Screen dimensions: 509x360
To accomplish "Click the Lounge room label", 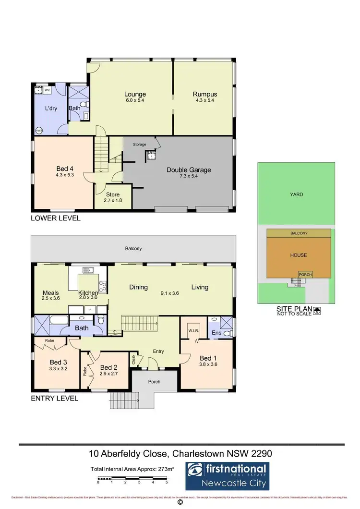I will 135,94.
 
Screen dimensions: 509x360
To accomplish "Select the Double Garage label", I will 189,170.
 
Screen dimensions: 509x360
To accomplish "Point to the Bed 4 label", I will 62,169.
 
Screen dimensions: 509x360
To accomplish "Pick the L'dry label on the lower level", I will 51,109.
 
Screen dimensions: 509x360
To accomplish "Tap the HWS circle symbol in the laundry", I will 39,130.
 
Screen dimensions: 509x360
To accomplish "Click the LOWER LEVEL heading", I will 55,218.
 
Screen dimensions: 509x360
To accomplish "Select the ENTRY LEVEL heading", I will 54,398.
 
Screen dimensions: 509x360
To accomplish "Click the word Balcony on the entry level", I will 133,249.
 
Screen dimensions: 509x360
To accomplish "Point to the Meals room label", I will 50,292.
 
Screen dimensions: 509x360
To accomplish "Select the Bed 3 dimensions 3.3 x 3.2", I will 58,369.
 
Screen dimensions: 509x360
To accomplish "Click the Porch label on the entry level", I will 154,382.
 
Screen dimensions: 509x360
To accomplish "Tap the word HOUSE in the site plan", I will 299,255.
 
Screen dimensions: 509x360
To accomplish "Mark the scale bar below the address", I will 132,478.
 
